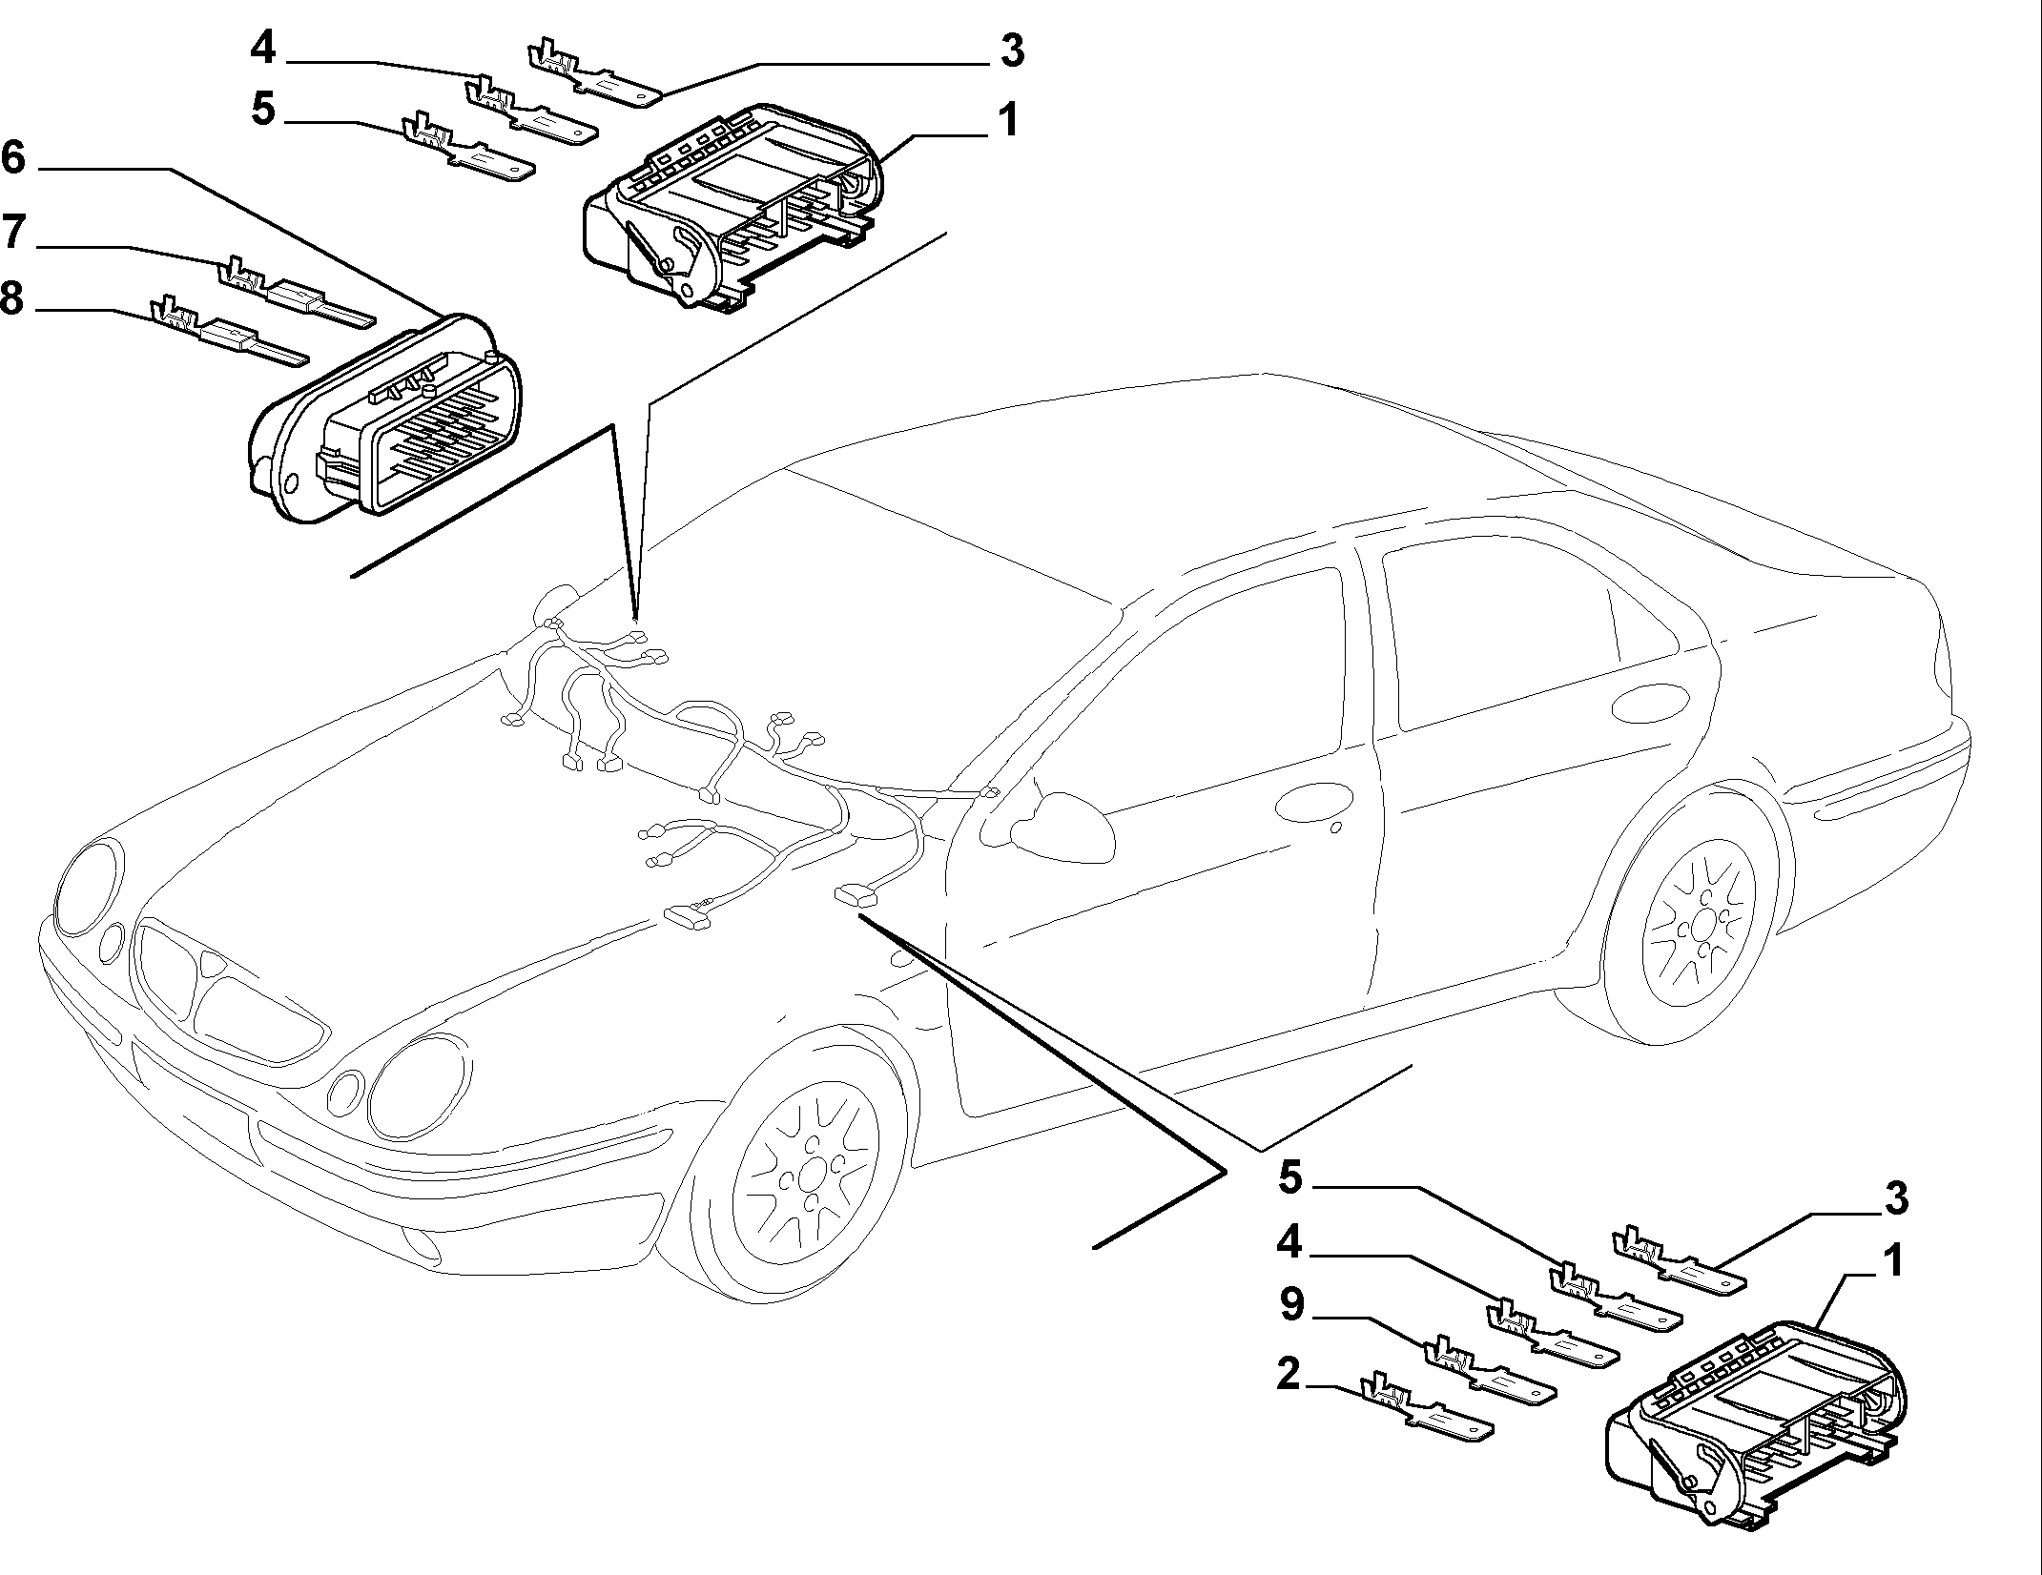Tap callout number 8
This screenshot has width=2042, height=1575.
[12, 297]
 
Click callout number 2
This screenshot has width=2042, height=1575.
[1289, 1374]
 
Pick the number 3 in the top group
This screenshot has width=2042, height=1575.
[1012, 51]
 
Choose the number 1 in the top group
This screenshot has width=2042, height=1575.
[1005, 121]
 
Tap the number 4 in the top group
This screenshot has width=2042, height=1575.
[263, 47]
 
